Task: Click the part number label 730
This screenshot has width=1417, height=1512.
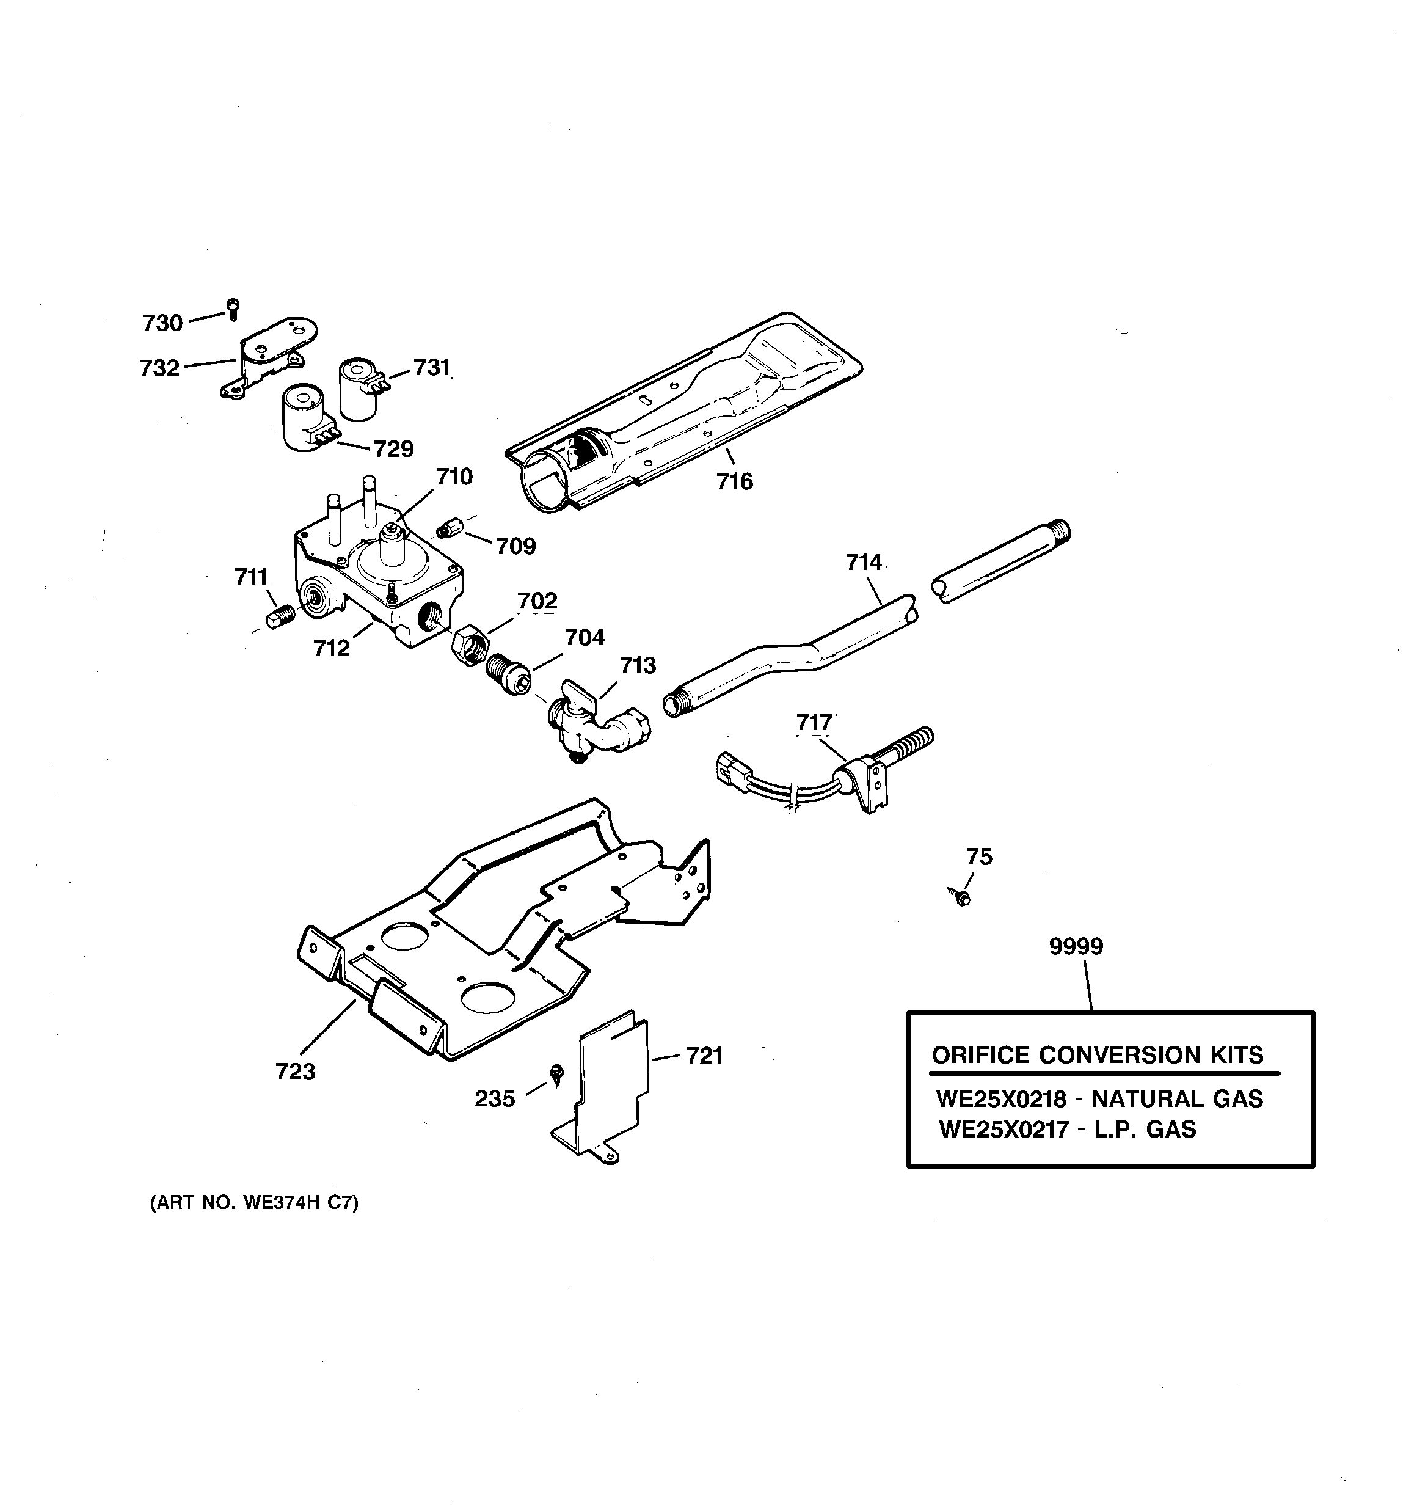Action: [162, 323]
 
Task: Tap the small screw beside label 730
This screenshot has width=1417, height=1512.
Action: [233, 309]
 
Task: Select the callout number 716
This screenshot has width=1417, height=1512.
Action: [734, 481]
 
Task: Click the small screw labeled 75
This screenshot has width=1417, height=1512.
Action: [961, 897]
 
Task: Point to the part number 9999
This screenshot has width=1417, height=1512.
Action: [1076, 946]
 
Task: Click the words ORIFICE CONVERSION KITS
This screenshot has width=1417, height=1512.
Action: [1098, 1055]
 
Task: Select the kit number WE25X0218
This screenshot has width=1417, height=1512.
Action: [1001, 1099]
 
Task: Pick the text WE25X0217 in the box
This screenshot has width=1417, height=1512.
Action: [1004, 1130]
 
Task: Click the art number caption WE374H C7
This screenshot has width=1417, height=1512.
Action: [254, 1203]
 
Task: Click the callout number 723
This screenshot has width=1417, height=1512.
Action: [295, 1072]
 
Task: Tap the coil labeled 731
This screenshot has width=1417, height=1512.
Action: [360, 389]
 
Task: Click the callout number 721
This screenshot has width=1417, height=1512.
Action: [704, 1056]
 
